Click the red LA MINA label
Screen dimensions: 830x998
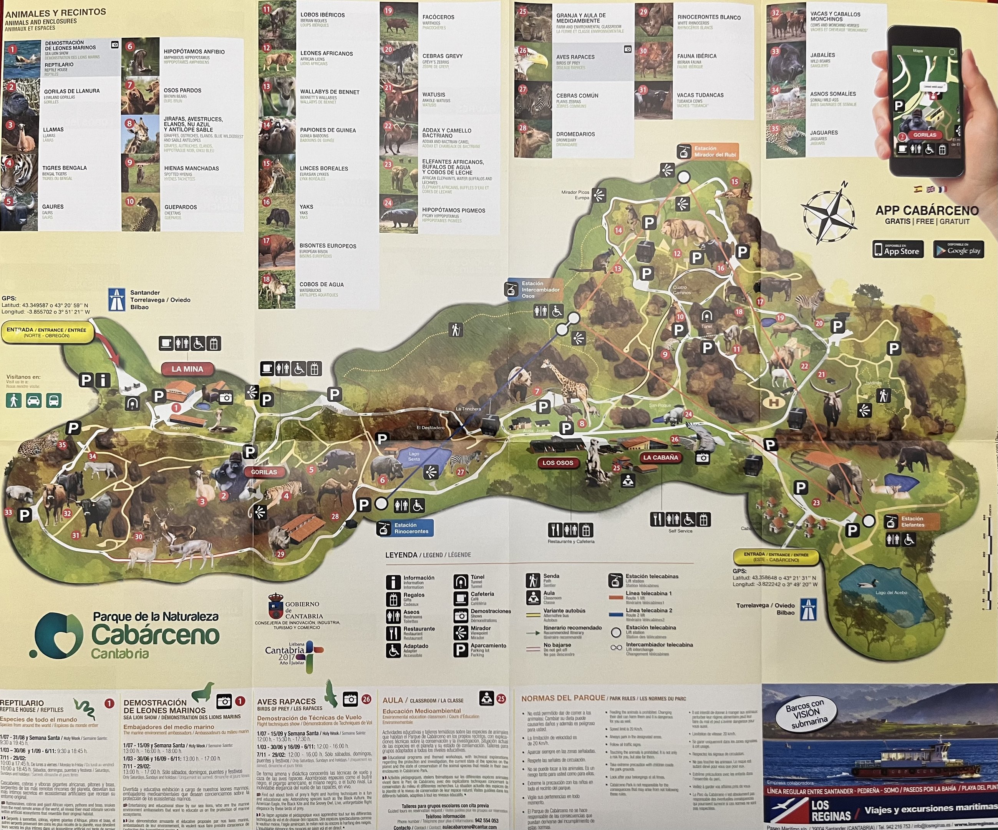pyautogui.click(x=187, y=369)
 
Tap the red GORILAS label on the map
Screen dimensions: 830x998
pyautogui.click(x=264, y=472)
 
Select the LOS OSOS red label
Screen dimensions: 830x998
pyautogui.click(x=558, y=463)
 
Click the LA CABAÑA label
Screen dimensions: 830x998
pyautogui.click(x=661, y=457)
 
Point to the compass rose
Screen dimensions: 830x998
pyautogui.click(x=829, y=214)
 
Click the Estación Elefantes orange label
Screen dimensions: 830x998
pyautogui.click(x=912, y=521)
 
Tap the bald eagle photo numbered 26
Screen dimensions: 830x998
pyautogui.click(x=533, y=62)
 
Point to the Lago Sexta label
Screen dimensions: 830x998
pyautogui.click(x=414, y=456)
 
